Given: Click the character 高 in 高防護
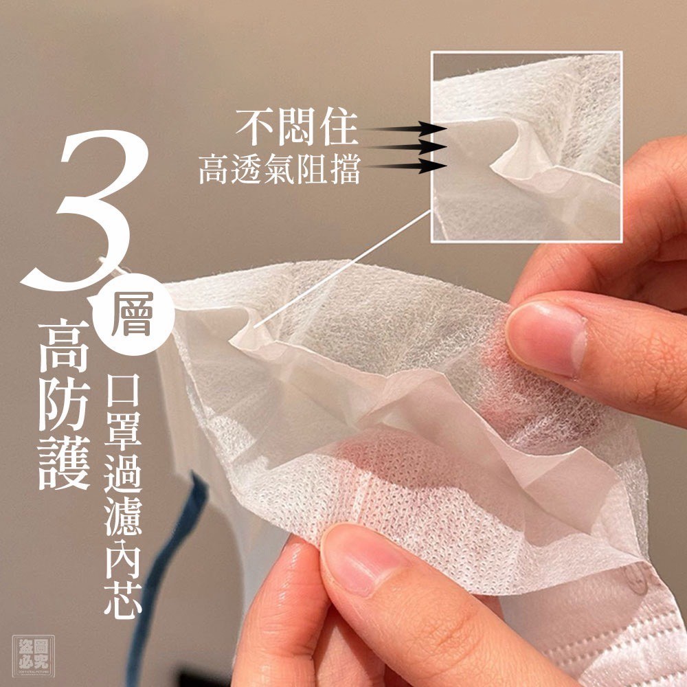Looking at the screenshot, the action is [x=65, y=345].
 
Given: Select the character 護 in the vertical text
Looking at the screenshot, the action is [x=65, y=462].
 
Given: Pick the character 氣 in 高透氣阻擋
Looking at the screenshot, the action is [x=280, y=169].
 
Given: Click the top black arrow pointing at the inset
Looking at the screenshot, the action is [x=403, y=129].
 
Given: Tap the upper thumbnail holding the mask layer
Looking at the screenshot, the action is [x=545, y=339].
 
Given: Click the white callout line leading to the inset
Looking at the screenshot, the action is [x=342, y=268].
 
